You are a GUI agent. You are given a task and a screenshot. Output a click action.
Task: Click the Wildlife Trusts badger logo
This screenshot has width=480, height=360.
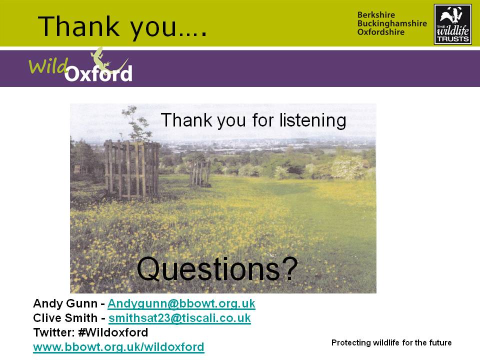coord(453,24)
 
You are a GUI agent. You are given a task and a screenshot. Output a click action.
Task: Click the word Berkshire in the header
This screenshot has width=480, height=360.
coord(376,15)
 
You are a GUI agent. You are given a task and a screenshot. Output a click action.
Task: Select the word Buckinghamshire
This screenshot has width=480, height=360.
coord(392,23)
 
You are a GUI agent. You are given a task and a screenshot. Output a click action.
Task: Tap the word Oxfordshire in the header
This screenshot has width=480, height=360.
coord(381,32)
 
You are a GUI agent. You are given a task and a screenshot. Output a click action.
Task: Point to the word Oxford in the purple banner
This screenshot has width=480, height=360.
coord(98,73)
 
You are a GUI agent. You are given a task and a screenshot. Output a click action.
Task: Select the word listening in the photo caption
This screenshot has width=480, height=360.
coord(312,120)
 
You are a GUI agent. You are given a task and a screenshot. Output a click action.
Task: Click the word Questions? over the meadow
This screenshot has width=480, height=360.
coord(217,269)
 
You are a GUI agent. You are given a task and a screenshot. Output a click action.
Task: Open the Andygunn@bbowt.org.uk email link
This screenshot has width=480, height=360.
coord(181,303)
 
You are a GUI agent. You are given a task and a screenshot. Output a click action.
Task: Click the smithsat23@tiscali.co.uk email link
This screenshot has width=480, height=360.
coord(179,318)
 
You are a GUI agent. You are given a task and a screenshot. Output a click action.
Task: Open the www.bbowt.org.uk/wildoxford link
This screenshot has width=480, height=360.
coord(118,347)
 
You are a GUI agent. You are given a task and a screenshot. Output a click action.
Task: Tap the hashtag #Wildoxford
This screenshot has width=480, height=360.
coord(113,332)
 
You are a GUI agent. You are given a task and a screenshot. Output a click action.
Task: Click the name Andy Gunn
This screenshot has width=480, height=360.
coord(65,303)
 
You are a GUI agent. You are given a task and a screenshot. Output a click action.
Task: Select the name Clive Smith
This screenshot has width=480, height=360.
coord(65,318)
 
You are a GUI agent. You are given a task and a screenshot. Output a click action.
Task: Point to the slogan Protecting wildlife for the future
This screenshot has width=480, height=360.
coord(391,342)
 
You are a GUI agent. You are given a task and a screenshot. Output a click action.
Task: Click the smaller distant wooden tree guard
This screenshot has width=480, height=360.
coord(199,173)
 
